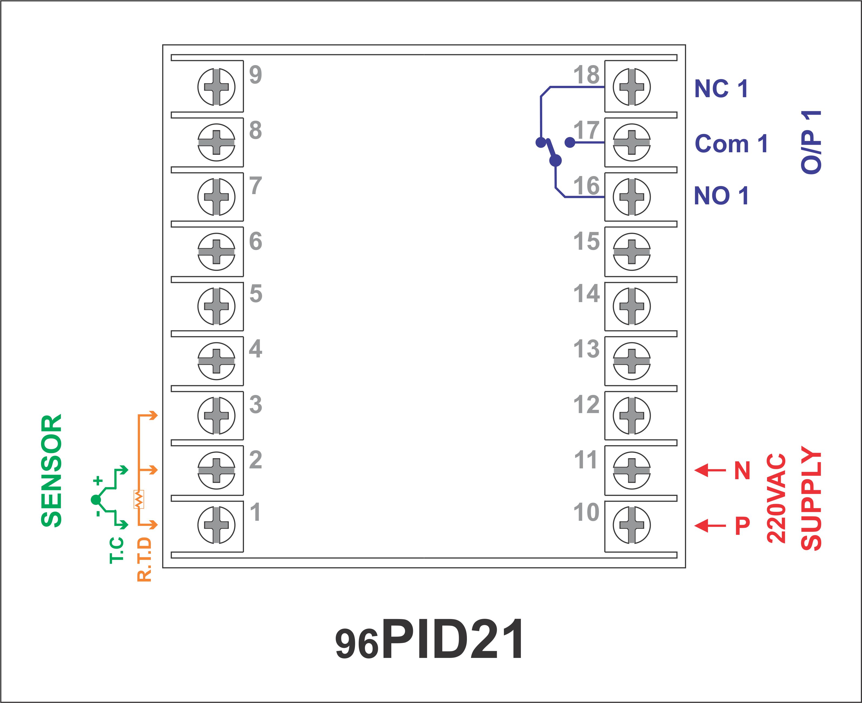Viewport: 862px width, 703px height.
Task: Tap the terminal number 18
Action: (586, 75)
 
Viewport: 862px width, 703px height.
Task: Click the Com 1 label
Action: (731, 144)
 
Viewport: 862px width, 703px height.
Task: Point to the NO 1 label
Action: (721, 196)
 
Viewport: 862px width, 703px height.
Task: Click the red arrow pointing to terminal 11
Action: (710, 470)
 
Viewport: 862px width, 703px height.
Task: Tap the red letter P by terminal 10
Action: (742, 526)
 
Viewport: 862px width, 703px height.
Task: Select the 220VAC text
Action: (776, 498)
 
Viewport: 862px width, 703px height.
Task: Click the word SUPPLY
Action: (811, 498)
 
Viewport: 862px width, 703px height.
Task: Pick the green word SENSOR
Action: (52, 471)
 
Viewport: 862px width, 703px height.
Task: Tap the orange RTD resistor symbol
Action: (138, 499)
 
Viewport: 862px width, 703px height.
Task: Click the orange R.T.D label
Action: (144, 560)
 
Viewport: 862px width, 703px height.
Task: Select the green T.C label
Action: (117, 550)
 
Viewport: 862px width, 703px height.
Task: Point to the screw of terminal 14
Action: (632, 306)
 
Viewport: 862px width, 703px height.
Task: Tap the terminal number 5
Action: (256, 294)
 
